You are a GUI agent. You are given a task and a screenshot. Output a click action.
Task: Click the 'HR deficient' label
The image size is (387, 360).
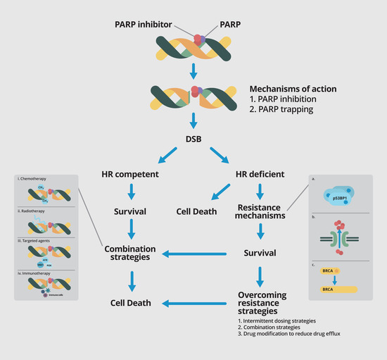[260, 174]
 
